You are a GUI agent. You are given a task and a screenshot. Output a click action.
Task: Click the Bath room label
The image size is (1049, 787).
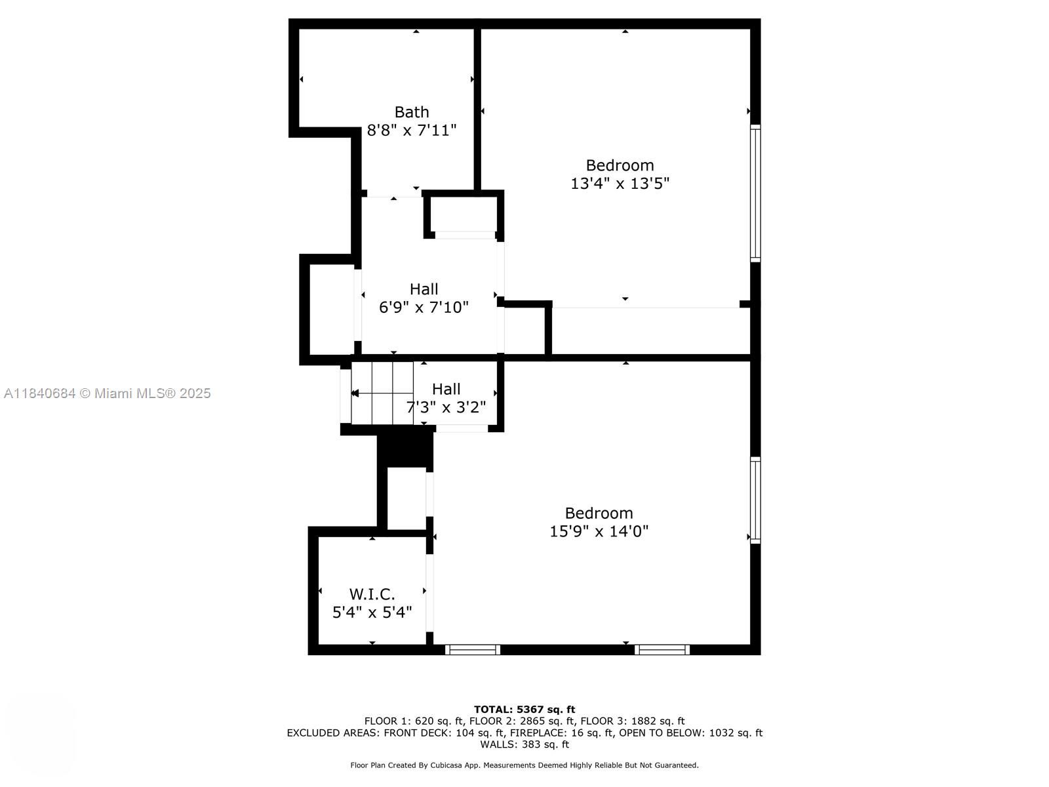pyautogui.click(x=411, y=112)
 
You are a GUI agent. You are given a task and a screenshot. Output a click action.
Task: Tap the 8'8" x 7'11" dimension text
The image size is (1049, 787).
pyautogui.click(x=411, y=131)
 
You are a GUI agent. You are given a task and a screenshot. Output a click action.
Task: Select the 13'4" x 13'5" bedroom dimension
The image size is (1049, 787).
pyautogui.click(x=620, y=184)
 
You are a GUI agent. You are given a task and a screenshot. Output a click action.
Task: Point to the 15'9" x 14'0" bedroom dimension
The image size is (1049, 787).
pyautogui.click(x=599, y=531)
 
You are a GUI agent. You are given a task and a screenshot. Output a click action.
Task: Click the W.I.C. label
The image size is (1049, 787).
pyautogui.click(x=372, y=594)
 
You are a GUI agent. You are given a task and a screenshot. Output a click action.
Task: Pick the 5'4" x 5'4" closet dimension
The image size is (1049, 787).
pyautogui.click(x=372, y=613)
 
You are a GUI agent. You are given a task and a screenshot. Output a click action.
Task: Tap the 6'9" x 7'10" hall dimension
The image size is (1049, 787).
pyautogui.click(x=424, y=307)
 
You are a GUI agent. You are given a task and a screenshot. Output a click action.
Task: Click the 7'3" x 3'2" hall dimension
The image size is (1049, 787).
pyautogui.click(x=446, y=407)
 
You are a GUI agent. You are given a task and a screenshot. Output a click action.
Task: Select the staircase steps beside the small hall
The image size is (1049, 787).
pyautogui.click(x=382, y=393)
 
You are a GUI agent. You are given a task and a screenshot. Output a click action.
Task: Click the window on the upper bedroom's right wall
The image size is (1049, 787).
pyautogui.click(x=755, y=193)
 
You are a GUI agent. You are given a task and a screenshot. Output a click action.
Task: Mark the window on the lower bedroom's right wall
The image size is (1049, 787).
pyautogui.click(x=755, y=500)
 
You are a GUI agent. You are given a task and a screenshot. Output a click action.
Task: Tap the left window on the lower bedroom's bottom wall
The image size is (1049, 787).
pyautogui.click(x=473, y=649)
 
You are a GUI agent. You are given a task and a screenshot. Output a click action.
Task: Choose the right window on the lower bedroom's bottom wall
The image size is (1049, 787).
pyautogui.click(x=662, y=649)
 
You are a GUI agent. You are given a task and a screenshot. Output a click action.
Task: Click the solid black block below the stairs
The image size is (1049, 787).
pyautogui.click(x=405, y=449)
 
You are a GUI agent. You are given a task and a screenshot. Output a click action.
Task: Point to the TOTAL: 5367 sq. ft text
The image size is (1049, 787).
pyautogui.click(x=524, y=709)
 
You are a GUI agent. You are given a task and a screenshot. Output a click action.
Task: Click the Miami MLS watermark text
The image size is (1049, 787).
pyautogui.click(x=108, y=393)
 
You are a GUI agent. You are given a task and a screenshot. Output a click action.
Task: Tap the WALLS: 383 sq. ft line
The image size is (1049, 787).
pyautogui.click(x=524, y=744)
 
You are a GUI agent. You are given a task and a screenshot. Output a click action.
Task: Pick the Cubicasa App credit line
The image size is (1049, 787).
pyautogui.click(x=524, y=765)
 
